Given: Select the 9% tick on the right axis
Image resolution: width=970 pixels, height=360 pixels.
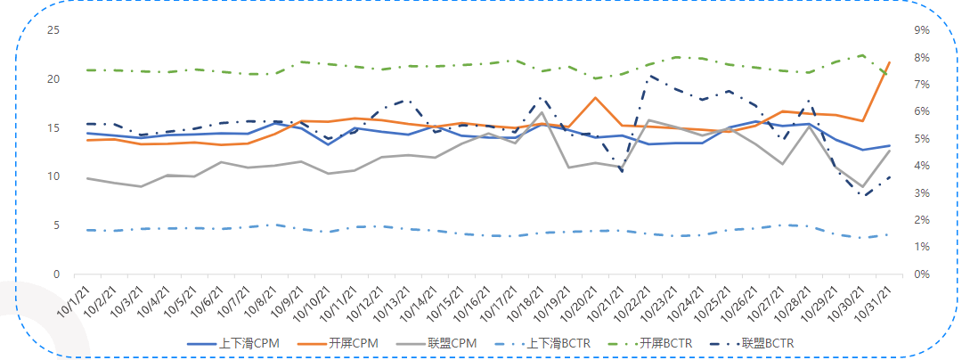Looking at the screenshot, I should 921,30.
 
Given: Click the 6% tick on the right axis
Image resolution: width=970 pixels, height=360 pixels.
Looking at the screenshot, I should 921,111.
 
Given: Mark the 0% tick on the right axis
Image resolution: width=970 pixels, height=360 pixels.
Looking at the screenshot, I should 921,274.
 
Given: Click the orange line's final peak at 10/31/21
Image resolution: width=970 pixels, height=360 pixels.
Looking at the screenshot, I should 890,62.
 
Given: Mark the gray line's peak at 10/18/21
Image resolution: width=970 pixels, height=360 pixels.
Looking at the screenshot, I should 542,112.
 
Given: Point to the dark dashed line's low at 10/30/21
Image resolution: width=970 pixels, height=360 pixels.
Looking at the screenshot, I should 863,196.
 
